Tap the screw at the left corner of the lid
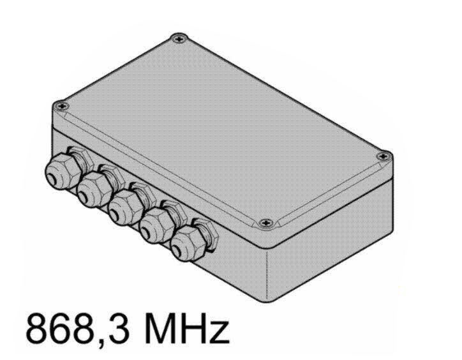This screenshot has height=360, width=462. [x=62, y=105]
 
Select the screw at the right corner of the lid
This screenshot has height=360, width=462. [x=383, y=156]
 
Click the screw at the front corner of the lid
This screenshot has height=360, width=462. [x=265, y=223]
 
